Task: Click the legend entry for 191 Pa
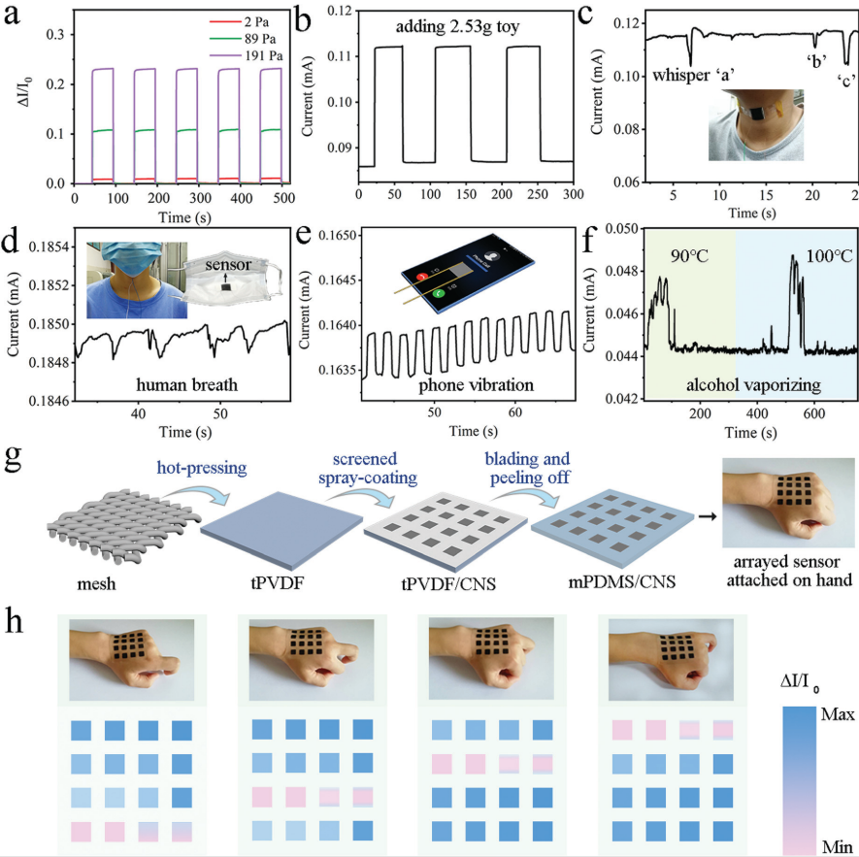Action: pos(246,56)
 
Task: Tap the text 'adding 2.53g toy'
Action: pos(457,26)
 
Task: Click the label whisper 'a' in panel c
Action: pos(693,75)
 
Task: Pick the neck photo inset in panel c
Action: pos(756,125)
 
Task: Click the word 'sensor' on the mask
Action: pos(228,265)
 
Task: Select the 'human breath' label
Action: pos(186,384)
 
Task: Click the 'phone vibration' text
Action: pos(476,385)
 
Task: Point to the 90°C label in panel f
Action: pos(689,255)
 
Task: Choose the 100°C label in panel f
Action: pos(829,255)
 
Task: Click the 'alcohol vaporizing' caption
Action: pos(753,385)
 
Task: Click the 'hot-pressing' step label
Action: pos(202,468)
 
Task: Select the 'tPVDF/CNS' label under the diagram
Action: pos(448,584)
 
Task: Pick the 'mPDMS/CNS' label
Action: pos(621,582)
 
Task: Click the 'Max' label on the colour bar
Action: pos(838,714)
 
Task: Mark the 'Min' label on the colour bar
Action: pos(838,846)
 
